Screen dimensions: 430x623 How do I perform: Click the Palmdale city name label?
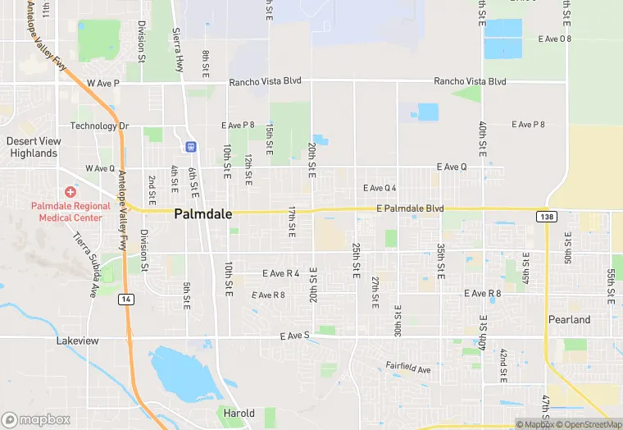[203, 214]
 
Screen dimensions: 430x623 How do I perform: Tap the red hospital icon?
[70, 191]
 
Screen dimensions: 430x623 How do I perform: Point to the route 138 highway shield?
[546, 216]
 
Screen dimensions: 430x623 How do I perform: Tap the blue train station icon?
[191, 147]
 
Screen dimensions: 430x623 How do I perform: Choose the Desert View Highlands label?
[33, 147]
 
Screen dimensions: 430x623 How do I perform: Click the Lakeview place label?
[78, 340]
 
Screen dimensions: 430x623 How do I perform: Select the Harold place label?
[239, 414]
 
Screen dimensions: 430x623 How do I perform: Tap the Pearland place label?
[569, 319]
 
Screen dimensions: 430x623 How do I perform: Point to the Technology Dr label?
[99, 126]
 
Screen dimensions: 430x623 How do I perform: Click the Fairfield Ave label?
[408, 368]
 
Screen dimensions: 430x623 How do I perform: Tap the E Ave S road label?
[294, 336]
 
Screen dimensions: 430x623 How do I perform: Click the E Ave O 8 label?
[555, 39]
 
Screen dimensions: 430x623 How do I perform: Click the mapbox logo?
[36, 419]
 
